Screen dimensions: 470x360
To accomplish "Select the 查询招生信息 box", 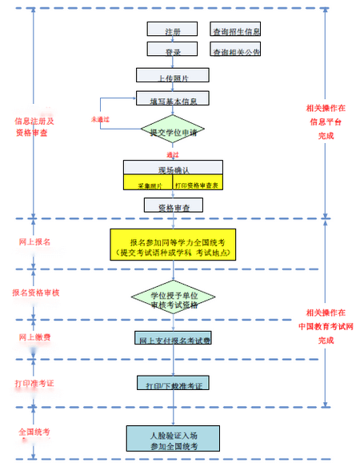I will click(235, 30).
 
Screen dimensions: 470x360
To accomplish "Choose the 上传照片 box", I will click(173, 76).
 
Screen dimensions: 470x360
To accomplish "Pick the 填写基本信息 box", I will click(173, 100).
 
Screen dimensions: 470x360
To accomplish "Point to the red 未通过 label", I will click(99, 119).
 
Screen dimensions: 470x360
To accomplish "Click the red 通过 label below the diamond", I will click(173, 153).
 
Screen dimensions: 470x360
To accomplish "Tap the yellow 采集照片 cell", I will click(148, 185).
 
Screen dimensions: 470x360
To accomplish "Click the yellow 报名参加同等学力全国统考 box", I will click(173, 246).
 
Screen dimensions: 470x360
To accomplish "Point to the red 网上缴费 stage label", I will click(35, 337).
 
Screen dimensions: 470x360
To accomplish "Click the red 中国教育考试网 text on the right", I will click(325, 325).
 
